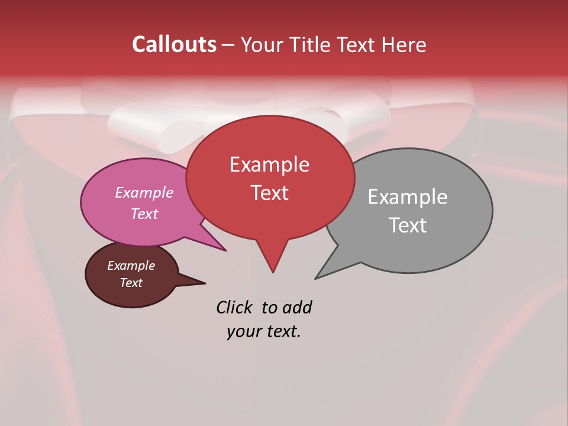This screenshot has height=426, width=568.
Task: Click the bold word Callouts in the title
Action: click(x=174, y=44)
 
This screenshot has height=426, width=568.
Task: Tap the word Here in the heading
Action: click(x=404, y=45)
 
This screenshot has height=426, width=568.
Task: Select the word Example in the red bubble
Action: click(x=269, y=164)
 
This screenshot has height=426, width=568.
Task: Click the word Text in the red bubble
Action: click(x=269, y=193)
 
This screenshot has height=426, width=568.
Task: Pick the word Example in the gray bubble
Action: click(x=407, y=197)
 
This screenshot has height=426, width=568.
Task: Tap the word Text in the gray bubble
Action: click(x=408, y=225)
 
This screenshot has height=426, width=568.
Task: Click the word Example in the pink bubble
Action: click(x=144, y=192)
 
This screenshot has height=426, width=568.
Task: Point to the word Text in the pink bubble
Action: click(x=144, y=214)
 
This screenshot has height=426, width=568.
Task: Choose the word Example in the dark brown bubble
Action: click(x=131, y=266)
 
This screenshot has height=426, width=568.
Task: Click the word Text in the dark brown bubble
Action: click(x=131, y=283)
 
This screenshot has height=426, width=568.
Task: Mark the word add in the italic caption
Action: click(x=297, y=307)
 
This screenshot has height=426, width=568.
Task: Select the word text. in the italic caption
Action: click(x=281, y=331)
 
